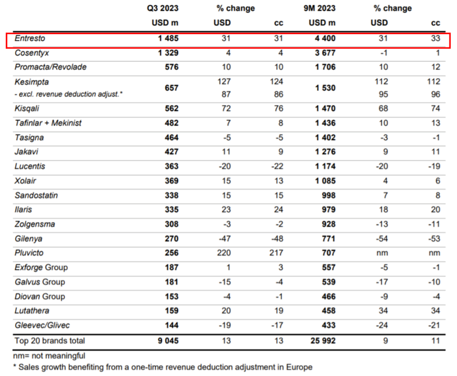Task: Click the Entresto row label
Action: tap(30, 38)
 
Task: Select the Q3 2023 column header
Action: tap(163, 8)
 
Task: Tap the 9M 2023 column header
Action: tap(319, 8)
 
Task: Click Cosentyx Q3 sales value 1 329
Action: tap(168, 53)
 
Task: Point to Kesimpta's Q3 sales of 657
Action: tap(171, 88)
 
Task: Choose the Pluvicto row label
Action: tap(29, 253)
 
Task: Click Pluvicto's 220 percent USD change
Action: tap(224, 253)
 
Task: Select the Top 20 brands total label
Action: tap(50, 341)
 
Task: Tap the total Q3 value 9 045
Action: tap(168, 341)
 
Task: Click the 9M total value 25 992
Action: tap(323, 341)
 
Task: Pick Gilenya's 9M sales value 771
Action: tap(329, 239)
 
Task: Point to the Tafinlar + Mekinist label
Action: tap(48, 123)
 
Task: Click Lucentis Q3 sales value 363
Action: tap(171, 166)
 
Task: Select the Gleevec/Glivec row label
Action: tap(42, 325)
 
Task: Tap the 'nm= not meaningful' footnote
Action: tap(49, 356)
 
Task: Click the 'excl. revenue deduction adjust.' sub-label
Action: tap(68, 94)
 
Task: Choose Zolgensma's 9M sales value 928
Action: tap(329, 224)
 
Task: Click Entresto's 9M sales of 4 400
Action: tap(325, 38)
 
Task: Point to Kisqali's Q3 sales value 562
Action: tap(171, 108)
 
